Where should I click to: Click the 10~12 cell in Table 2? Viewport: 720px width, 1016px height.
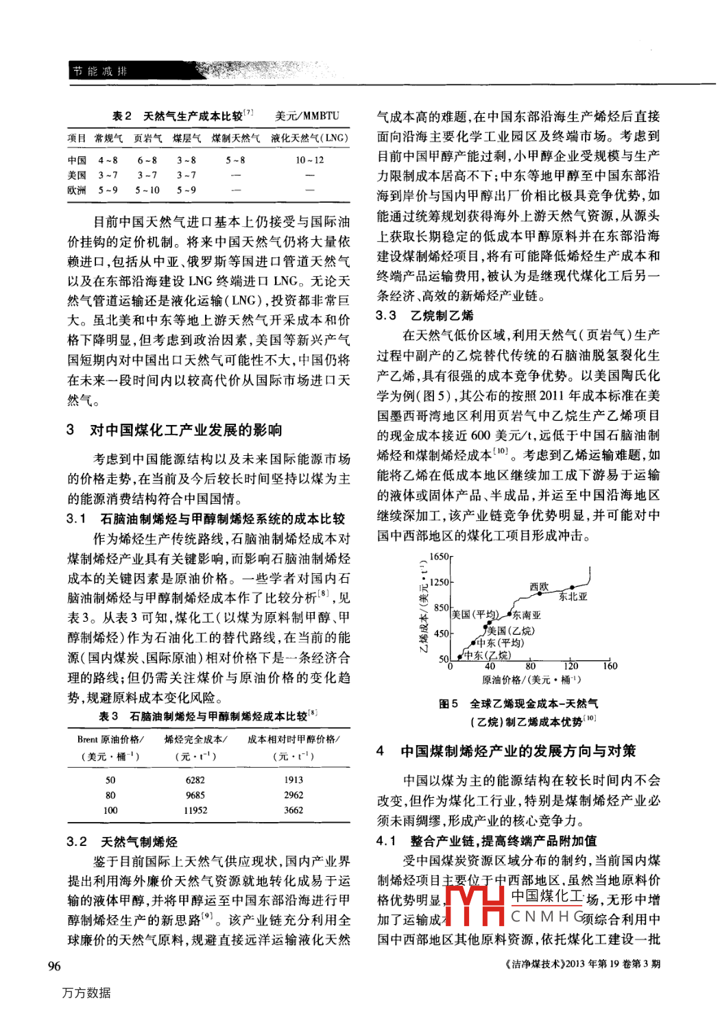click(309, 160)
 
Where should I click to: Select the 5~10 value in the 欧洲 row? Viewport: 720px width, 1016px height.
click(147, 191)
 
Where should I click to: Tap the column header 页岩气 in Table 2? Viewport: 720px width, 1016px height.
click(147, 138)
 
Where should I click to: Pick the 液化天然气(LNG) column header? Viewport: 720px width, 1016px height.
click(309, 138)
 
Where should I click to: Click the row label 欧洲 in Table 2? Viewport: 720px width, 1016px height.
click(77, 191)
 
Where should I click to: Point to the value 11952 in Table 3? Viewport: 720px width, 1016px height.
click(195, 810)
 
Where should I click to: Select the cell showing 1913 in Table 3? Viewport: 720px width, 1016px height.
click(293, 780)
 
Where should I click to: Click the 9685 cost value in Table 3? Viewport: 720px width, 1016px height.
click(195, 795)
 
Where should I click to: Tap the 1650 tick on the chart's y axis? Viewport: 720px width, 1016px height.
click(439, 557)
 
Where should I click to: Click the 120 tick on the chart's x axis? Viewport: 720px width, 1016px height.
click(571, 666)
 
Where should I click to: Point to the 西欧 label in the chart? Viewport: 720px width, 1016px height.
click(539, 587)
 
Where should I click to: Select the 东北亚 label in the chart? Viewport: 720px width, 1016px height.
click(573, 596)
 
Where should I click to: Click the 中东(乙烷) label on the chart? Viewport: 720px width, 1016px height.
click(488, 655)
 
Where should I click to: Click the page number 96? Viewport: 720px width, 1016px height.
click(54, 966)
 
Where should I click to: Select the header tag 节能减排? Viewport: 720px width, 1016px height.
click(100, 71)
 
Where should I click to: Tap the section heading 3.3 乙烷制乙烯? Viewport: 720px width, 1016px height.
click(424, 315)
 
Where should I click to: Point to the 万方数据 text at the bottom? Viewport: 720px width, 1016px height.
click(86, 993)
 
